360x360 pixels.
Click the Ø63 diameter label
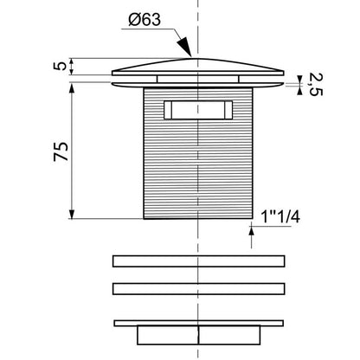tap(145, 20)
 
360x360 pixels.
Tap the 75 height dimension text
tap(61, 151)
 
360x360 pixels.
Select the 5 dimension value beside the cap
tap(60, 66)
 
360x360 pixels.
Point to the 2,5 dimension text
tap(315, 84)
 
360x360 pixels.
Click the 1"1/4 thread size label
tap(280, 217)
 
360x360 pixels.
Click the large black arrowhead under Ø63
tap(184, 46)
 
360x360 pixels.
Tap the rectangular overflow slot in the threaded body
tap(198, 110)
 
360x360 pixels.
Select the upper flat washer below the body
tap(198, 261)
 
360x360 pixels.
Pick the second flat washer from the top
tap(198, 289)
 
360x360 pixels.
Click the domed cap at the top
tap(198, 67)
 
